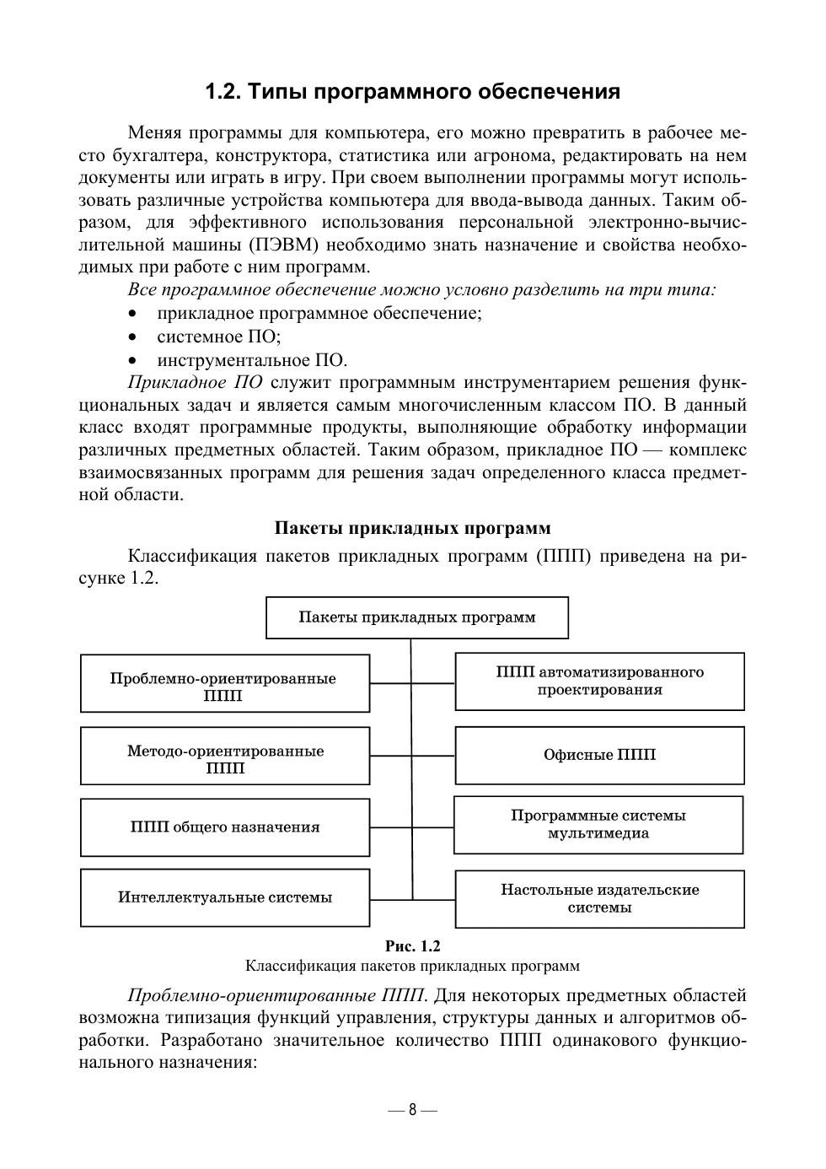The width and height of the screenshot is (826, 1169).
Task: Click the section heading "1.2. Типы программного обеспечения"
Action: [413, 92]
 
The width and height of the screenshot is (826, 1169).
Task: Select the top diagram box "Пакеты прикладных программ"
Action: [417, 617]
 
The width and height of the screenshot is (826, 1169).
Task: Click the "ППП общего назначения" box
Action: [224, 827]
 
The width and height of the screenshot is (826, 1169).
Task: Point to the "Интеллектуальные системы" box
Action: [224, 897]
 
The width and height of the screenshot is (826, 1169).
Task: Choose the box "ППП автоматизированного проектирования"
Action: [599, 681]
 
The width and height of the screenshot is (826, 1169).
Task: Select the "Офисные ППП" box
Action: [599, 755]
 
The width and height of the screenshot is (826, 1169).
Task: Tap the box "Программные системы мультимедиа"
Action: [598, 824]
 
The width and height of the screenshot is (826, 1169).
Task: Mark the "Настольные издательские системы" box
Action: [599, 898]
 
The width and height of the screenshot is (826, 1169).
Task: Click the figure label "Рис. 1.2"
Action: [413, 945]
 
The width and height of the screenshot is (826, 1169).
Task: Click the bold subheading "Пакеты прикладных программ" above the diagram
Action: [413, 529]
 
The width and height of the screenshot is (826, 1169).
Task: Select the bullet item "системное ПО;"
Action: [218, 337]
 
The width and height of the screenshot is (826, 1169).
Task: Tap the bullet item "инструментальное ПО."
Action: [252, 360]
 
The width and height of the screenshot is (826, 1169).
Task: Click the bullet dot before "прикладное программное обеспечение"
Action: [131, 314]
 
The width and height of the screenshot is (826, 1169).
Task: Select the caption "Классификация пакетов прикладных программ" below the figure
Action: [413, 966]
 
